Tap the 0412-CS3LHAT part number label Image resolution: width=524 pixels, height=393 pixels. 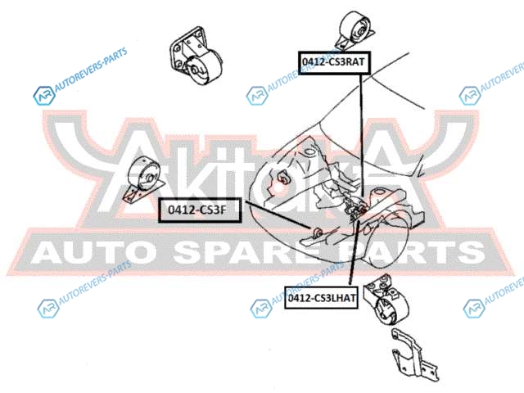pos(322,300)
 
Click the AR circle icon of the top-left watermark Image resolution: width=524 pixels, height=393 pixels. pos(43,97)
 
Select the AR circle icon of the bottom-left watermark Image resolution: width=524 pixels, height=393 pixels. pos(46,308)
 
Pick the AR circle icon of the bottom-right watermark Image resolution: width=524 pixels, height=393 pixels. pos(473,308)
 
